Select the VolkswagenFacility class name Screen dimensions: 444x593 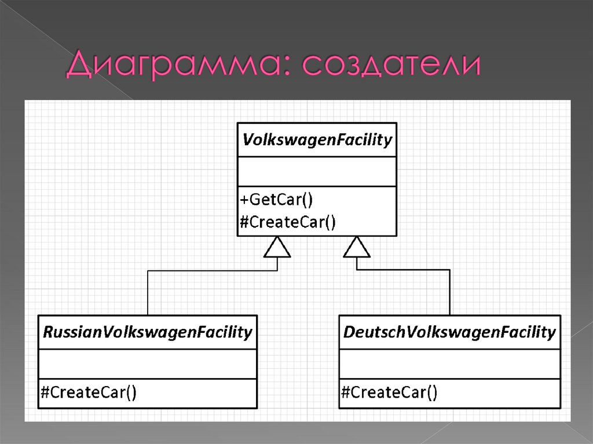pyautogui.click(x=317, y=140)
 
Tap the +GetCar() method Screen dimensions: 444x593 pyautogui.click(x=276, y=200)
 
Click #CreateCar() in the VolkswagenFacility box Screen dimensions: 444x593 pyautogui.click(x=287, y=222)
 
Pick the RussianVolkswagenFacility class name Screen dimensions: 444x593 pyautogui.click(x=148, y=332)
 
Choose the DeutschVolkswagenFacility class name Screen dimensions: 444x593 pyautogui.click(x=449, y=332)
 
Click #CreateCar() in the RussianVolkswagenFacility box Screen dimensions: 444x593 pyautogui.click(x=88, y=393)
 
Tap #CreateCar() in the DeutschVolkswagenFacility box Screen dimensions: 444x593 pyautogui.click(x=389, y=393)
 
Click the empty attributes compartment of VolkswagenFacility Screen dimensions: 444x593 pyautogui.click(x=317, y=171)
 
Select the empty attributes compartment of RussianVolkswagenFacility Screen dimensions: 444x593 pyautogui.click(x=148, y=364)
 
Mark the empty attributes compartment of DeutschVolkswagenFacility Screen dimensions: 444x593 pyautogui.click(x=449, y=364)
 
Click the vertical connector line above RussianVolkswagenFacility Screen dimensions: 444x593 pyautogui.click(x=148, y=292)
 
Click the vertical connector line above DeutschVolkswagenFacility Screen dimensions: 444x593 pyautogui.click(x=449, y=292)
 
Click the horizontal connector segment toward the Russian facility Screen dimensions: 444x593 pyautogui.click(x=211, y=270)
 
